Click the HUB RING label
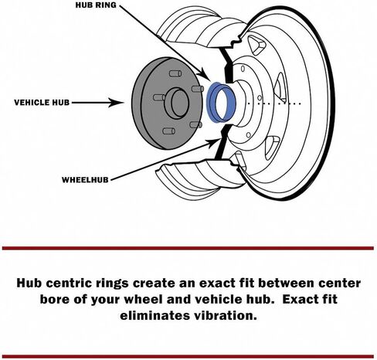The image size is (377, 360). coord(96,5)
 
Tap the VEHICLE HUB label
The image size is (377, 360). coord(42,103)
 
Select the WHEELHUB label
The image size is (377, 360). coord(85,180)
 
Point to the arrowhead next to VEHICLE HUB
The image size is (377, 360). coord(115,103)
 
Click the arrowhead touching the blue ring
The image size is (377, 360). coord(205,75)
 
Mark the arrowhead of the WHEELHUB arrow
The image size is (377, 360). coord(214,142)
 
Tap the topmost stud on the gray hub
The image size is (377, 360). coord(175,73)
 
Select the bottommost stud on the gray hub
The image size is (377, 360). coord(168,131)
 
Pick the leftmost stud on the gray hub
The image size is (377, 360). coord(159,97)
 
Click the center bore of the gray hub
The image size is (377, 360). coord(178,104)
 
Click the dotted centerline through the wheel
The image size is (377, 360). coord(274,104)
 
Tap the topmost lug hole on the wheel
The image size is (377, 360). coord(243,69)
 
